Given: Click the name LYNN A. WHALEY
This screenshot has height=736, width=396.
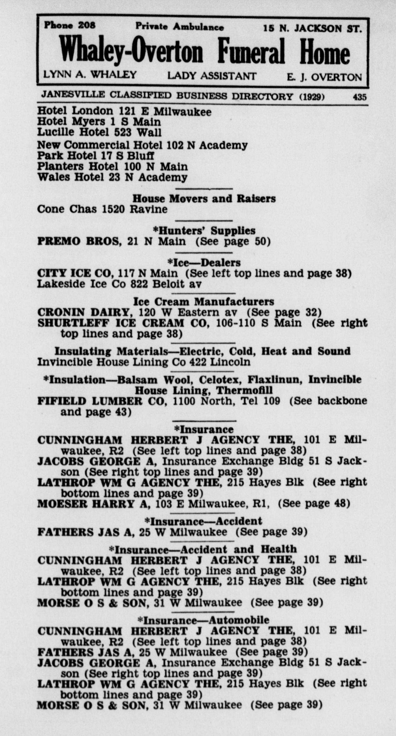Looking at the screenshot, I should tap(90, 75).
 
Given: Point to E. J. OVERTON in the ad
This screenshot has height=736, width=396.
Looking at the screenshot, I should tap(324, 77).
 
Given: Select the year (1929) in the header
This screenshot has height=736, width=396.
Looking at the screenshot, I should tap(312, 97).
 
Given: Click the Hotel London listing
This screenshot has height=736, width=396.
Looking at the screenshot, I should tap(124, 111).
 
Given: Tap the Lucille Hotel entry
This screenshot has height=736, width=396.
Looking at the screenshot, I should tap(99, 133).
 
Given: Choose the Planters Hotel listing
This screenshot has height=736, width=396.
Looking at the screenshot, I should tap(112, 166).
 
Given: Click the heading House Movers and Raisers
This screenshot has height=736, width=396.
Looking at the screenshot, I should tap(204, 199).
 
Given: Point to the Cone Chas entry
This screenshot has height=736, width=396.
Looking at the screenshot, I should tap(102, 209).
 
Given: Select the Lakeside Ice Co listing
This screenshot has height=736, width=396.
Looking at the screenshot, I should tap(119, 284).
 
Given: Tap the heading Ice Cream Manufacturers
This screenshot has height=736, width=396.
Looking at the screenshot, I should tap(204, 302).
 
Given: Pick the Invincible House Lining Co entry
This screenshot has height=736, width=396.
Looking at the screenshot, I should tap(144, 362).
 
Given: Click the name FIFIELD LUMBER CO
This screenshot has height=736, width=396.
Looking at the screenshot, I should tap(102, 401).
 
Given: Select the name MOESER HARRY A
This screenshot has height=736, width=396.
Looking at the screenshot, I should tap(94, 503).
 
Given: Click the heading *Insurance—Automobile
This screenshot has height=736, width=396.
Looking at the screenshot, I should tap(203, 620).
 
